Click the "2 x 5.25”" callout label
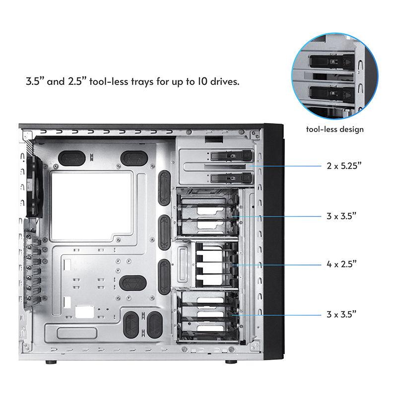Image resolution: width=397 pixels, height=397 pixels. click(x=347, y=166)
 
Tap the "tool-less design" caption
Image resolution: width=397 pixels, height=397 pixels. click(x=334, y=130)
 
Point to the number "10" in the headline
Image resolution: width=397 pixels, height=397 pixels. click(x=191, y=81)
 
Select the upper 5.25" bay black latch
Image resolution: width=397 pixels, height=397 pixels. click(x=230, y=156)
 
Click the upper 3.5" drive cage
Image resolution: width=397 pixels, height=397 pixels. click(x=206, y=214)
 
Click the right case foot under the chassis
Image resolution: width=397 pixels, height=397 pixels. click(x=230, y=362)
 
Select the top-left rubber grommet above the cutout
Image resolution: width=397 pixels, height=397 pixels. click(x=70, y=158)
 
